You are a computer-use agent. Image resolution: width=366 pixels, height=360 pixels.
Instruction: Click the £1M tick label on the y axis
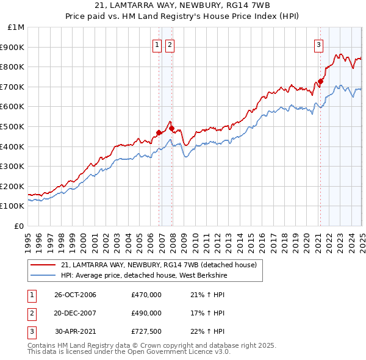(x=16, y=27)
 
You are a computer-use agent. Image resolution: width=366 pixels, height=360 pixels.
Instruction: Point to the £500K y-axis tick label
(x=14, y=126)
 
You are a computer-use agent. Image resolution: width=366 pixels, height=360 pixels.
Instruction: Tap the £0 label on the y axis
(x=20, y=226)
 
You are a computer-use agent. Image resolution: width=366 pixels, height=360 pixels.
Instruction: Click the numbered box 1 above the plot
(x=157, y=44)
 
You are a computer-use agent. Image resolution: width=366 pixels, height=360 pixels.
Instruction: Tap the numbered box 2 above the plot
(x=169, y=44)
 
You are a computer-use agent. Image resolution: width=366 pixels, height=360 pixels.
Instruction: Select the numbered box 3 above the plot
(x=318, y=44)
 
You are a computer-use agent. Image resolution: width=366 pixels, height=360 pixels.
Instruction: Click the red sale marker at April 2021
(x=321, y=81)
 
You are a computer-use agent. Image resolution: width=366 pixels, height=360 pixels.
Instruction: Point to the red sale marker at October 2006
(x=159, y=132)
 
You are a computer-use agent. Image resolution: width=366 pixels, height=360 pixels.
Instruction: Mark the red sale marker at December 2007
(x=172, y=128)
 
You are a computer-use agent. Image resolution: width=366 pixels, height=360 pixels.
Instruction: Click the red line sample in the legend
(x=43, y=265)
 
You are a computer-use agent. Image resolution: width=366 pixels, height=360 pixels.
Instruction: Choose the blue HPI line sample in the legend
(x=43, y=275)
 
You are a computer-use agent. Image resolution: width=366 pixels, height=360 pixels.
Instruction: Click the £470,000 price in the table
(x=146, y=295)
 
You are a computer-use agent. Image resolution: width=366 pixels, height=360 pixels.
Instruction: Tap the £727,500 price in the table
(x=146, y=331)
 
